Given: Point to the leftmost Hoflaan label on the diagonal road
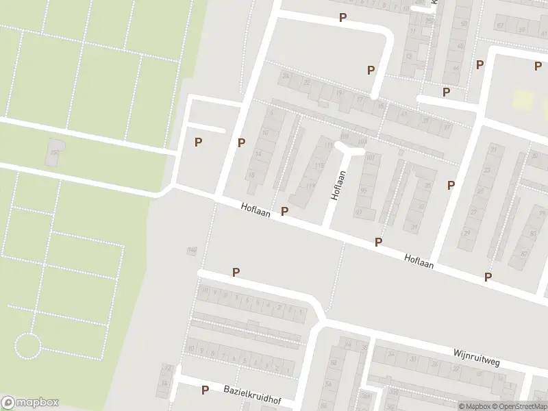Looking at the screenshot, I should click(256, 209).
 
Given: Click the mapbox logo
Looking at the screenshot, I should click(30, 403).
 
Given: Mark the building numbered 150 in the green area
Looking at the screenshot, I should click(54, 153).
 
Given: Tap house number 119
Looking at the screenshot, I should click(311, 186).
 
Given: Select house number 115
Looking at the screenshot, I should click(319, 166).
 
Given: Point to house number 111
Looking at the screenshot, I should click(328, 146).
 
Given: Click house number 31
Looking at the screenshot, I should click(413, 227).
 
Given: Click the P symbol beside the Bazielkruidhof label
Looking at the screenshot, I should click(205, 390).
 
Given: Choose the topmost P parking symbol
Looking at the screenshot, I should click(342, 18).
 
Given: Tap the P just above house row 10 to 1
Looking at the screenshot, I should click(236, 272).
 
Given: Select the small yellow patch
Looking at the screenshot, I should click(523, 99).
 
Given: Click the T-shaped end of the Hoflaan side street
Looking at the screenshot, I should click(349, 149).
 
